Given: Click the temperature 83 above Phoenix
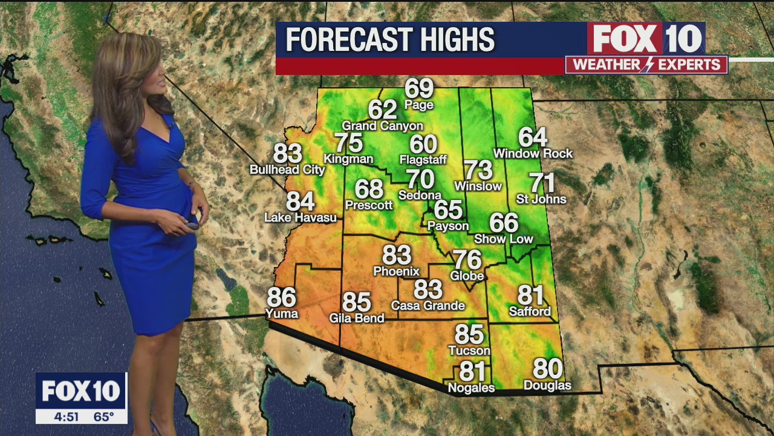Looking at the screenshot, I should (397, 255).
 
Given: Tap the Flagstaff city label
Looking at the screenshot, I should (423, 160).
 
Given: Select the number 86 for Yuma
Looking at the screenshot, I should (281, 297).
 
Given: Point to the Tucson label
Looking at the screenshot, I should (469, 351).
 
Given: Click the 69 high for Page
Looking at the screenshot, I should (419, 88).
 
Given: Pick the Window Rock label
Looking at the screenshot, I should (533, 154).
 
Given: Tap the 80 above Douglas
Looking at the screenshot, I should (547, 369).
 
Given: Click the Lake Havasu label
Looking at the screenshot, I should (301, 217).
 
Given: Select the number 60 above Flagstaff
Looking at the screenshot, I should (423, 144).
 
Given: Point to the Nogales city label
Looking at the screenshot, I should (471, 388).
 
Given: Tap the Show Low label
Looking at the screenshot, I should (503, 239).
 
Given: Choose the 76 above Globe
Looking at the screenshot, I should (467, 260).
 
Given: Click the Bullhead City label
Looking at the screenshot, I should (287, 170).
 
